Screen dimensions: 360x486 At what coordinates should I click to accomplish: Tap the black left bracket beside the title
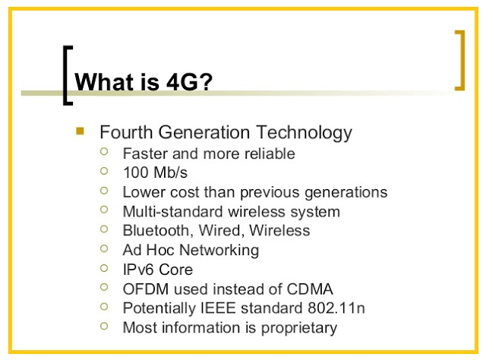66,75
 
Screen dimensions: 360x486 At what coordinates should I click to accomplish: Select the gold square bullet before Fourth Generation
80,131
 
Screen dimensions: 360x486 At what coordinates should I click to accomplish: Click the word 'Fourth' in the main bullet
125,132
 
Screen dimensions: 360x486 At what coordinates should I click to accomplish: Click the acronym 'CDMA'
308,289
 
